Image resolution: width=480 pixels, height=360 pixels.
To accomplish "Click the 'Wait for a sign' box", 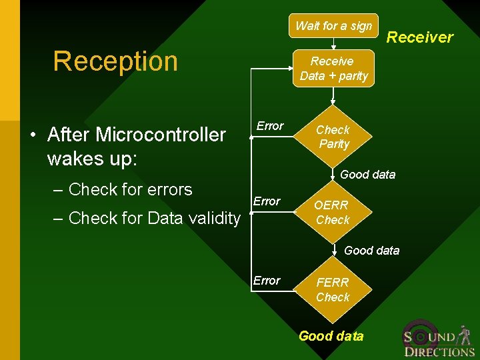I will tap(333, 26).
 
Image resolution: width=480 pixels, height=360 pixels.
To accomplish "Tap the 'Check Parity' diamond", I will tap(333, 137).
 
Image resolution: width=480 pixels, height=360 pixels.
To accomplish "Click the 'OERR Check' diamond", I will tap(333, 213).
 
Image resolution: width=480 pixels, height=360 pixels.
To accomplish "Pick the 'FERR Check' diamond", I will tap(333, 290).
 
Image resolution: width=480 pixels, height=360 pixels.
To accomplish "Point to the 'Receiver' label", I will tap(420, 37).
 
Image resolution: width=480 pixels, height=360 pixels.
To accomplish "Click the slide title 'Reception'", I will tap(115, 61).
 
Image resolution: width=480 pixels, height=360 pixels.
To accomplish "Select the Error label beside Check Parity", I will tap(270, 126).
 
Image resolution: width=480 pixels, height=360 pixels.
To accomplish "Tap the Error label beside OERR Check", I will tap(267, 201).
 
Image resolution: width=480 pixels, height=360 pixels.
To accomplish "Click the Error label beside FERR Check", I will tap(267, 281).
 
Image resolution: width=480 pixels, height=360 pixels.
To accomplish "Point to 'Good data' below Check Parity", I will tap(367, 175).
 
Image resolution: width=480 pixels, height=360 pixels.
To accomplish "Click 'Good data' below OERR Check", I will tap(371, 251).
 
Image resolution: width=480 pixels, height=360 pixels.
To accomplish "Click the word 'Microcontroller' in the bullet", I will tap(161, 135).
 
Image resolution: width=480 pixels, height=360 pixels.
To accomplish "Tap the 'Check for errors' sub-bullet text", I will tap(130, 189).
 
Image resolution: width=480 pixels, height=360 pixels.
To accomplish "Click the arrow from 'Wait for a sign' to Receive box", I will tap(333, 43).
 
